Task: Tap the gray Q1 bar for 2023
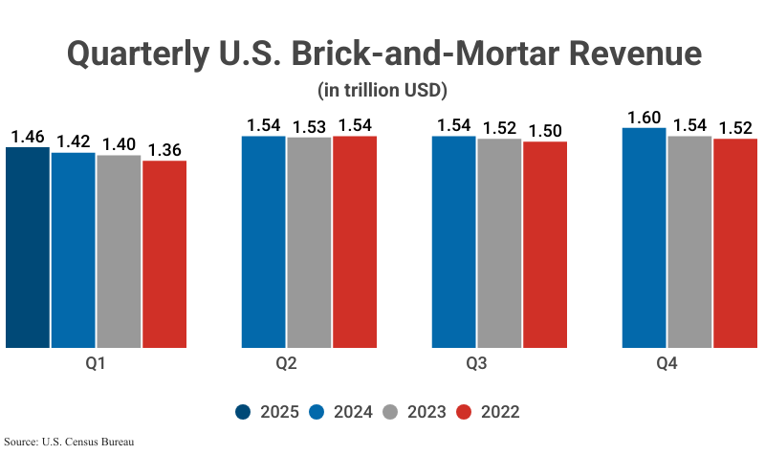click(x=119, y=250)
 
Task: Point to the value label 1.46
click(x=27, y=137)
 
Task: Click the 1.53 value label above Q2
click(x=309, y=127)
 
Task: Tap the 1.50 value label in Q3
click(x=545, y=132)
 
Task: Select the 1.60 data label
click(x=645, y=118)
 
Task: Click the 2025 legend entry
click(x=268, y=412)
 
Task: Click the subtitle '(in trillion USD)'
click(x=382, y=91)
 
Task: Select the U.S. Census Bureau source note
click(x=69, y=442)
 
